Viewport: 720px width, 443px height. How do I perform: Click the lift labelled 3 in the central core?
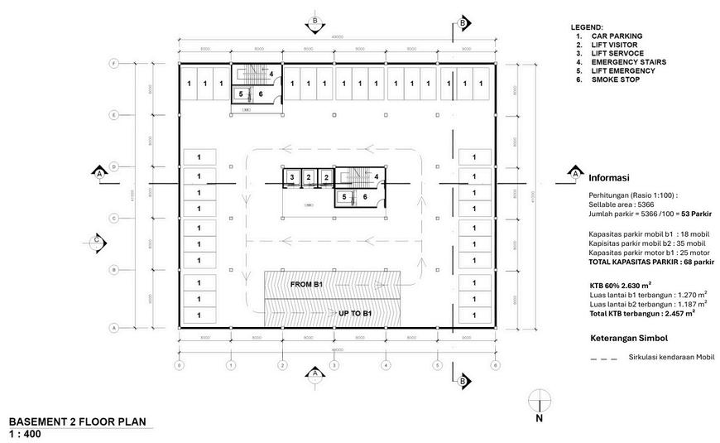pyautogui.click(x=292, y=177)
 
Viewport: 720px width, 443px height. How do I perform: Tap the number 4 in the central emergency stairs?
pyautogui.click(x=376, y=176)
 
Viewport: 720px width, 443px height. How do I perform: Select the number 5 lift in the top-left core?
pyautogui.click(x=241, y=94)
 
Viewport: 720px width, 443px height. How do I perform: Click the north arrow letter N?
pyautogui.click(x=539, y=419)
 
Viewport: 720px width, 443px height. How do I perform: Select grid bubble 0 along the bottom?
pyautogui.click(x=180, y=364)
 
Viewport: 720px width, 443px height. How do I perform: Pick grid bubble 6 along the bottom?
pyautogui.click(x=495, y=364)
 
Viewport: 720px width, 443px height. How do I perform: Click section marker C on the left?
pyautogui.click(x=97, y=241)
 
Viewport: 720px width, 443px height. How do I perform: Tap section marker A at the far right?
pyautogui.click(x=574, y=174)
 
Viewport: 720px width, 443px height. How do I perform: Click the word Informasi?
pyautogui.click(x=609, y=178)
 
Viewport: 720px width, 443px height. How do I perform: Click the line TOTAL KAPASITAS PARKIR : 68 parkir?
pyautogui.click(x=651, y=262)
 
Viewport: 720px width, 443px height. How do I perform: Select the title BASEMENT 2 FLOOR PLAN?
pyautogui.click(x=77, y=421)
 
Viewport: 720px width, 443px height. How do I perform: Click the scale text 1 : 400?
pyautogui.click(x=25, y=434)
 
